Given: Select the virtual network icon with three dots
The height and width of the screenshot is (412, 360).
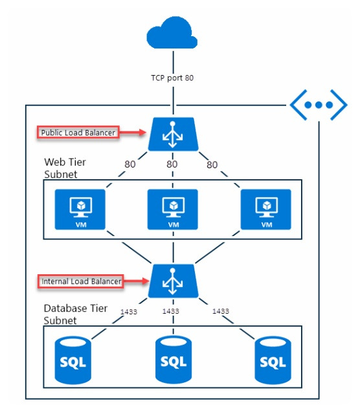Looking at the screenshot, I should [x=317, y=105].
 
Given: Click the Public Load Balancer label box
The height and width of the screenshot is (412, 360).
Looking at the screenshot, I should [x=78, y=133].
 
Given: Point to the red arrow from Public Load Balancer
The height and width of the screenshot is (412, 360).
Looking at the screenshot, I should [x=132, y=133].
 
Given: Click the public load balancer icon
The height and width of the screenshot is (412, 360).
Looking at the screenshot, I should [x=172, y=133].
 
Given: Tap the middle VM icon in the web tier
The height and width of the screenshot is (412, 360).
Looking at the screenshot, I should [x=172, y=209].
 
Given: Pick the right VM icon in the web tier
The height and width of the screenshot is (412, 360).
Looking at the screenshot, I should [x=266, y=209].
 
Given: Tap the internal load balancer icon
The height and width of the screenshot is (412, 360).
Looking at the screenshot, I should [x=172, y=281].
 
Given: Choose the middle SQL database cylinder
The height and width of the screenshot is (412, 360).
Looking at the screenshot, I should [x=172, y=359].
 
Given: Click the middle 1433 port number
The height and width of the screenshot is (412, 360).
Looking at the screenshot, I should [x=171, y=311].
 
